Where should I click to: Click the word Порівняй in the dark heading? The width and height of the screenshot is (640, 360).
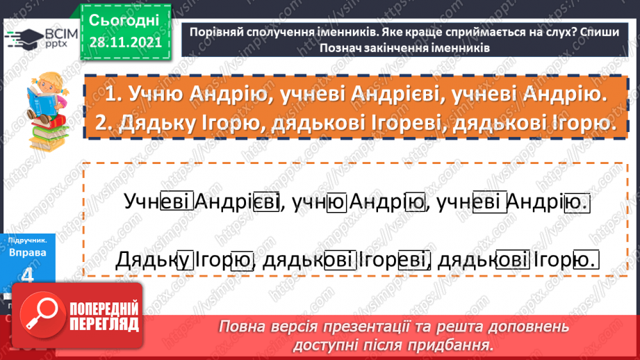coord(220,33)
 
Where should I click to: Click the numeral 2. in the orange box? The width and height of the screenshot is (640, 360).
coord(106,124)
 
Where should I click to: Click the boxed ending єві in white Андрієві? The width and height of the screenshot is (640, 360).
coord(266,202)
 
